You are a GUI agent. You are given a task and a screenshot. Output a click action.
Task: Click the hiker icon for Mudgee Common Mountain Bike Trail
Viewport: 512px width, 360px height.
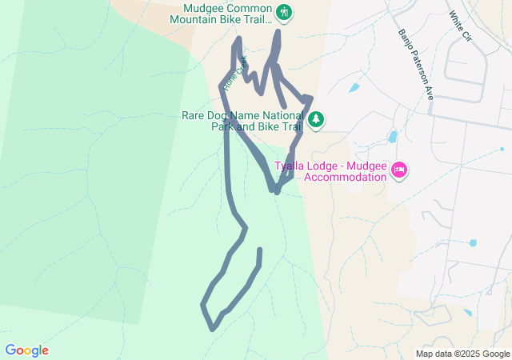(x=285, y=12)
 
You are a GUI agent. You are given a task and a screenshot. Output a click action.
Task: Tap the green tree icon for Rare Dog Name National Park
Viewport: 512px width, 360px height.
(x=317, y=119)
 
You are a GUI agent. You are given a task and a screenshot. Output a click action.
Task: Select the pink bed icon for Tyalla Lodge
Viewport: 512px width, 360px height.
(x=399, y=170)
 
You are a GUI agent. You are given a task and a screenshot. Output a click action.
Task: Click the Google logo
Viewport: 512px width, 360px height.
(x=26, y=350)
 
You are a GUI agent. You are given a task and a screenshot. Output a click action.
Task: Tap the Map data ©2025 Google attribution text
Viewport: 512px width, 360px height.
(x=462, y=354)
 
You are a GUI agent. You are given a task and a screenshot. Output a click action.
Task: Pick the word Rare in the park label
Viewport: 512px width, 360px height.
(x=195, y=115)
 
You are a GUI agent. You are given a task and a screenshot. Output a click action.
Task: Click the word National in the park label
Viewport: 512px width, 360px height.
(x=285, y=115)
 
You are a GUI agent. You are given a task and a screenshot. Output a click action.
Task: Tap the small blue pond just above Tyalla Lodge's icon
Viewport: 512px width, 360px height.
(x=392, y=137)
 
